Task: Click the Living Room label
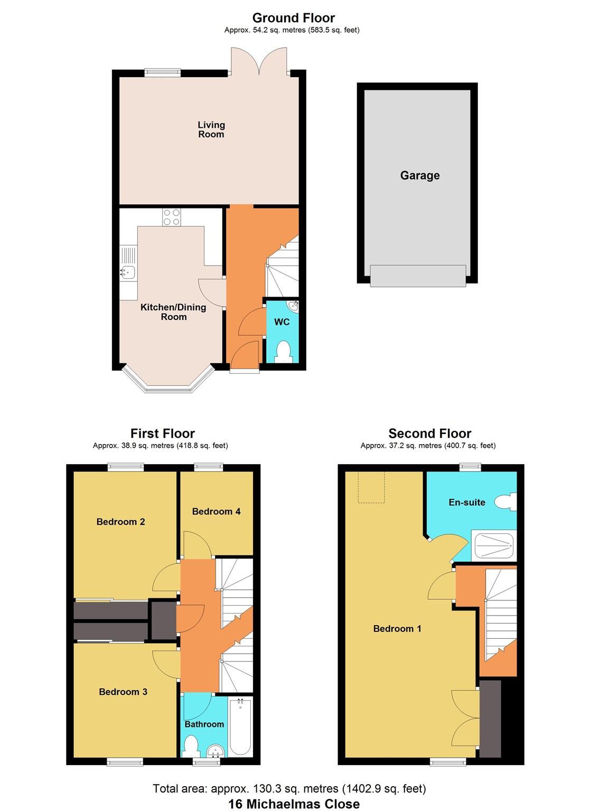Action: tap(211, 129)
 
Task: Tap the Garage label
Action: tap(419, 175)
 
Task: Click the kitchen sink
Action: tap(127, 272)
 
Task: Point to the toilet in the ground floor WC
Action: tap(284, 351)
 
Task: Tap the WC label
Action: tap(282, 322)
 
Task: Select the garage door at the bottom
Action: tap(418, 276)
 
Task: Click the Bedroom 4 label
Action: tap(216, 511)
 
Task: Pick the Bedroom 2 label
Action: tap(120, 522)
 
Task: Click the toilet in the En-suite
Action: tap(507, 502)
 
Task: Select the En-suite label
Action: tap(466, 502)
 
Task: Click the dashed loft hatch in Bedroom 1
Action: tap(372, 487)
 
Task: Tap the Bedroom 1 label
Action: tap(397, 628)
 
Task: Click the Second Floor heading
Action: tap(429, 433)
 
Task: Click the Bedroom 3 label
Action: tap(123, 692)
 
